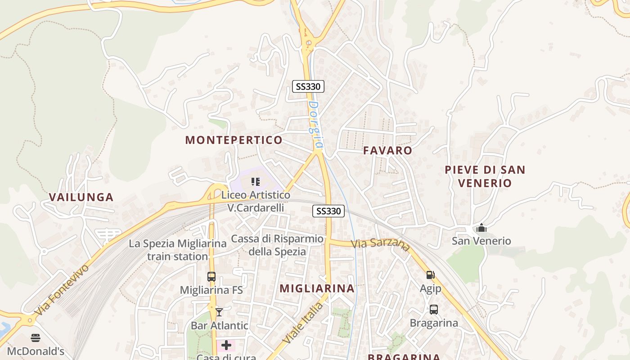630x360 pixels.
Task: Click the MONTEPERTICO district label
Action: [234, 140]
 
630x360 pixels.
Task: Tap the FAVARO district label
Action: [387, 150]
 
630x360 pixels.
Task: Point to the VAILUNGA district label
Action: [81, 197]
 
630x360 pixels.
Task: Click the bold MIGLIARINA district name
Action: [317, 288]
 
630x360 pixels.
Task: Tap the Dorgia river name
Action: [316, 124]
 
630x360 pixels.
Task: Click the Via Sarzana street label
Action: [381, 245]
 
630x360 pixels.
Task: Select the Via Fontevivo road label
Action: [62, 289]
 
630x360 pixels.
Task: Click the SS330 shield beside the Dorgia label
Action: [308, 86]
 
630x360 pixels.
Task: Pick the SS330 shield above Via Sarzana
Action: [328, 211]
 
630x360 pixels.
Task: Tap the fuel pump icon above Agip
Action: [430, 274]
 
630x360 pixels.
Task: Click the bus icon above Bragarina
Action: [434, 310]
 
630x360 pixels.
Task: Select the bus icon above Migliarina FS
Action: [211, 277]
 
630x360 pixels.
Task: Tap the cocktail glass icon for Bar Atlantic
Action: [219, 312]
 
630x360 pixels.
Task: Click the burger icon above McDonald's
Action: [36, 338]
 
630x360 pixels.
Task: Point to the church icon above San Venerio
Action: [481, 228]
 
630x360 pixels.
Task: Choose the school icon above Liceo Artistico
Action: [256, 182]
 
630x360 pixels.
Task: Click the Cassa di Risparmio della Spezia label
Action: [277, 245]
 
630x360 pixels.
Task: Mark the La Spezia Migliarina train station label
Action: [178, 250]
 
